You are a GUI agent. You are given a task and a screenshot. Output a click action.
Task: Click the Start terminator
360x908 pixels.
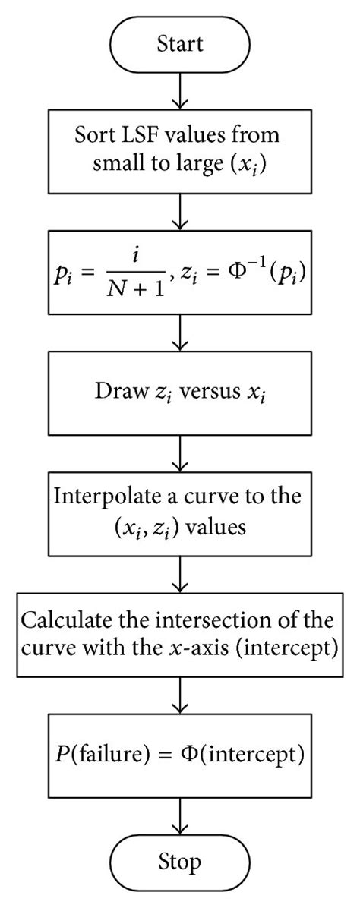(x=180, y=45)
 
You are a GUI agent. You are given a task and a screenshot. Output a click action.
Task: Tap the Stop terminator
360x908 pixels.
(x=180, y=862)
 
